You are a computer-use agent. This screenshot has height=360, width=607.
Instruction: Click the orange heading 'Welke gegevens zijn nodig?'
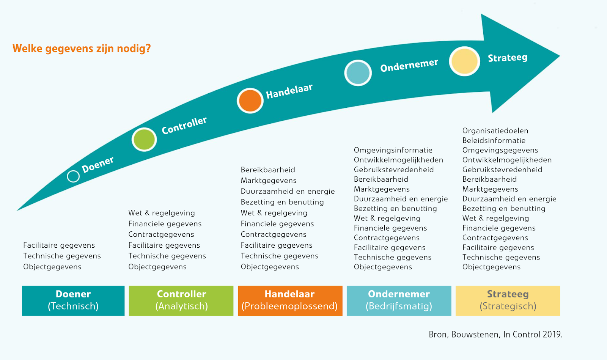pos(82,49)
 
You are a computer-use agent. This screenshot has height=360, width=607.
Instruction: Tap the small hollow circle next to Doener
pos(73,176)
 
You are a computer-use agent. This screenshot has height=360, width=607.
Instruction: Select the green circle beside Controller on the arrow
pos(144,139)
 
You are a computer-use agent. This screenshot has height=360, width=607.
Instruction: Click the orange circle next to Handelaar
pos(250,101)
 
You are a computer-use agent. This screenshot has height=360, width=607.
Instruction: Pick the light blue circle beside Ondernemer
pos(358,73)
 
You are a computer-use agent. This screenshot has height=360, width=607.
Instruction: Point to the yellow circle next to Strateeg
pos(464,61)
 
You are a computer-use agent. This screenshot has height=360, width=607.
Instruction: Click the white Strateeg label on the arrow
pos(507,58)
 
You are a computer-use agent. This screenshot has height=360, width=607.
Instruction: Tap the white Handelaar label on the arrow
pos(289,91)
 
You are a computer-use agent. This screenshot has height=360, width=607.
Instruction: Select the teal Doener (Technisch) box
pos(73,300)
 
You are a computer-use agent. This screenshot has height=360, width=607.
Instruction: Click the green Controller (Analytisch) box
pos(181,300)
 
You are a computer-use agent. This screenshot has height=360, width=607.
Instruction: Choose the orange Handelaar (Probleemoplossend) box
pos(290,300)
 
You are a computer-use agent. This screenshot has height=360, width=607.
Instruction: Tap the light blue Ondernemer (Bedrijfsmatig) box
pos(399,300)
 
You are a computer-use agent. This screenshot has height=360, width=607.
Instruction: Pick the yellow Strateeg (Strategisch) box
pos(508,300)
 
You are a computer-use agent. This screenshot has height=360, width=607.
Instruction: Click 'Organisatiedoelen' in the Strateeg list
pos(495,131)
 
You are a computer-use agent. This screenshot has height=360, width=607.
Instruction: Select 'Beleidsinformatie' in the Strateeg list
pos(494,140)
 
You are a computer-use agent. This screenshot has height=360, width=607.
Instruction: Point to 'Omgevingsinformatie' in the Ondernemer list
pos(393,150)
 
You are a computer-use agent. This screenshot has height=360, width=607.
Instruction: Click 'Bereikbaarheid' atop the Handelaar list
pos(268,170)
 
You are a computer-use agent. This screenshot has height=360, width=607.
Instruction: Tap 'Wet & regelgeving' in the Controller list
pos(162,213)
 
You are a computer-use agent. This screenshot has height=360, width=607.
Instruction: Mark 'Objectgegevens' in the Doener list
pos(52,267)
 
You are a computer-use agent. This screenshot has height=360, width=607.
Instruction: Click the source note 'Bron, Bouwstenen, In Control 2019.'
pos(495,334)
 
